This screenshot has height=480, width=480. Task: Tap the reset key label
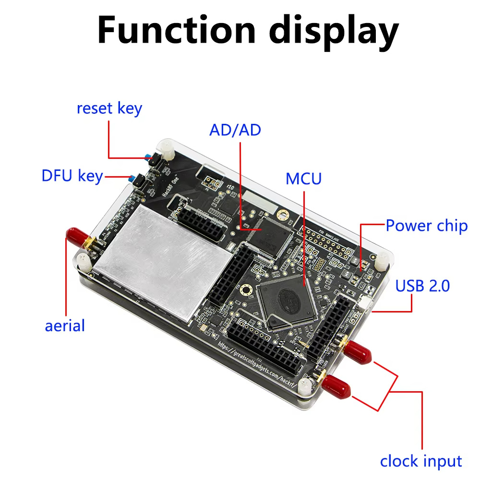109,108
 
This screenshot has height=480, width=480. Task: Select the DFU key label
72,176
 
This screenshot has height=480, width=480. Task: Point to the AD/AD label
235,130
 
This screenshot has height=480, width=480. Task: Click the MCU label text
303,179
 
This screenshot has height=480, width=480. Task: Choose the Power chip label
427,226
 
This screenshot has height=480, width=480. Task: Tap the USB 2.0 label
423,286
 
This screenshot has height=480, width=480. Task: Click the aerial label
65,326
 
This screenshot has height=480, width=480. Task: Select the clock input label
421,461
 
